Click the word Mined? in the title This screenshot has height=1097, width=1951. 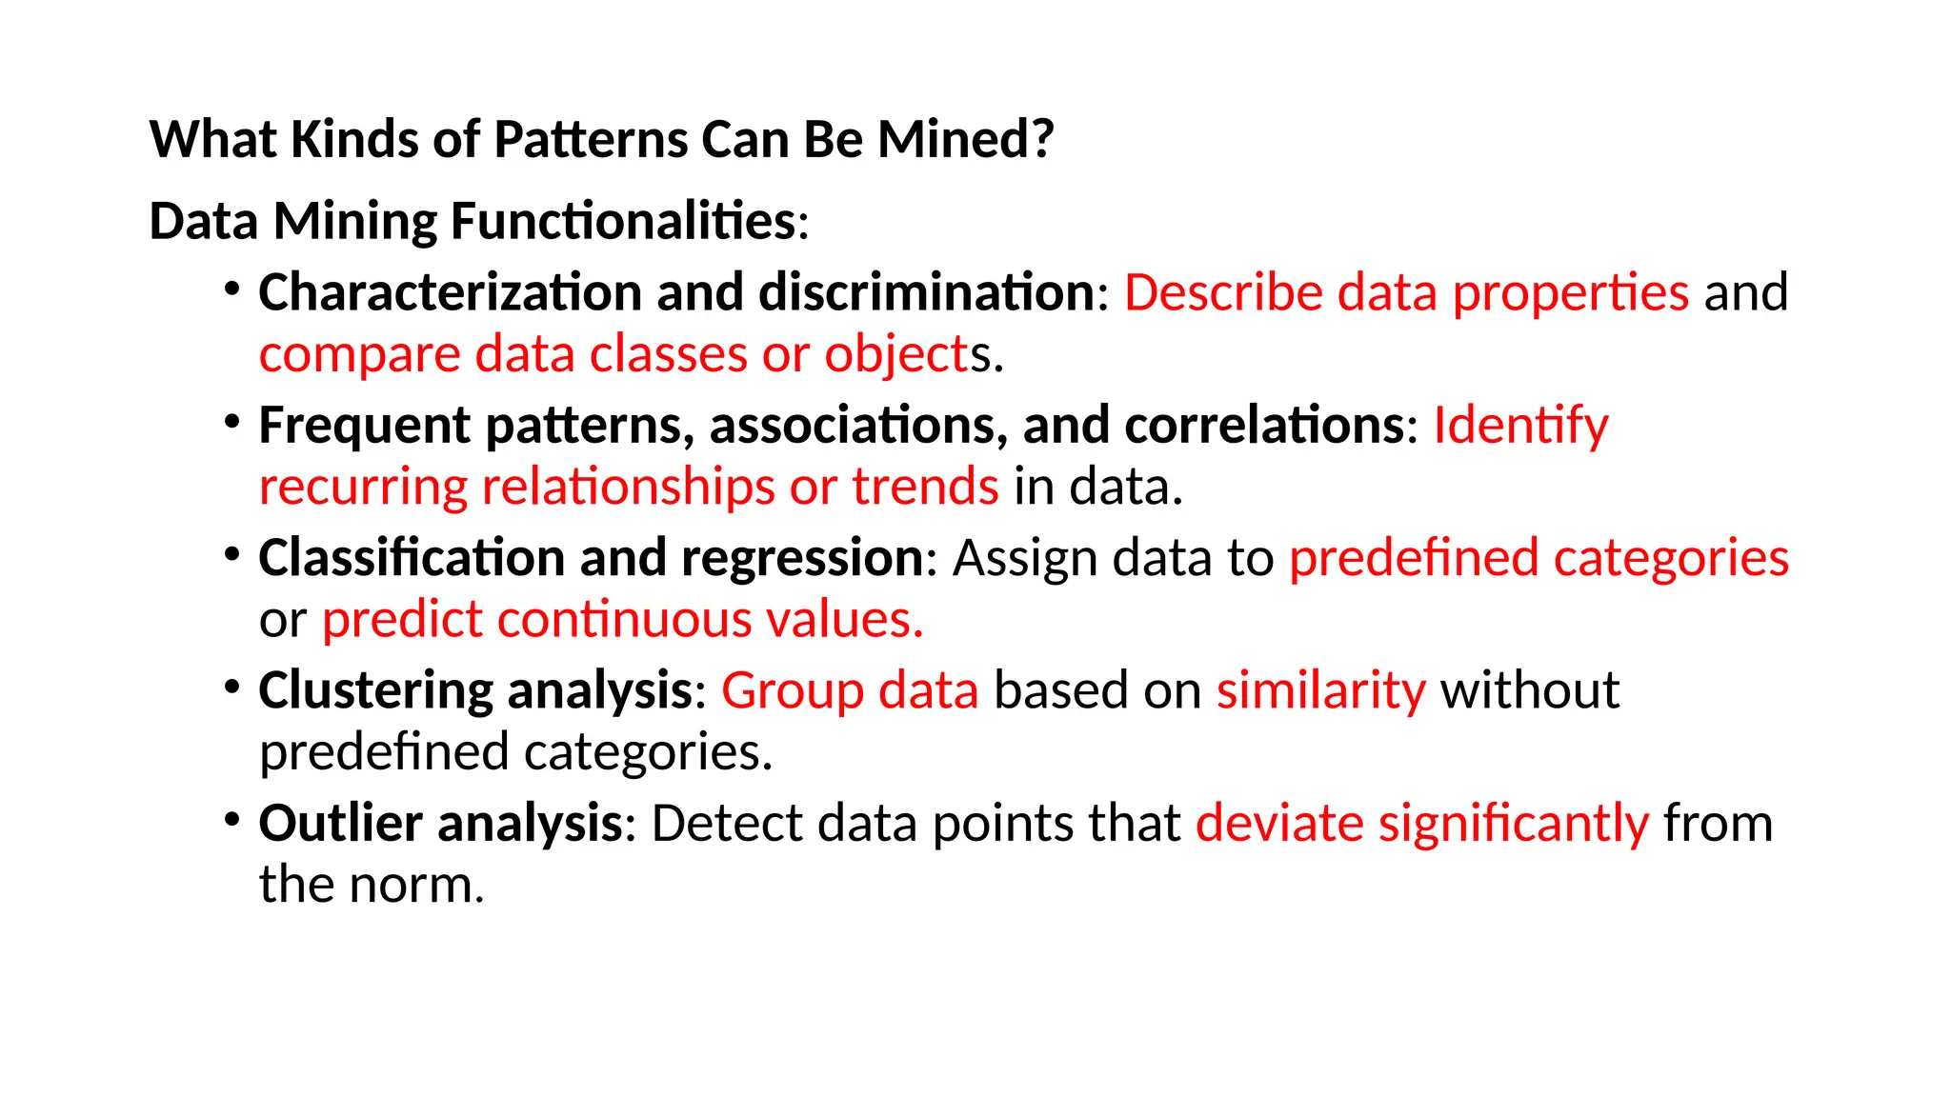(x=965, y=139)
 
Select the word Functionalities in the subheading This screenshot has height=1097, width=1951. (x=623, y=221)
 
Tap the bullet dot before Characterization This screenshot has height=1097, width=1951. (x=231, y=287)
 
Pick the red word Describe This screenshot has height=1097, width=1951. (x=1223, y=291)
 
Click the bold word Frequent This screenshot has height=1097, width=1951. (x=364, y=425)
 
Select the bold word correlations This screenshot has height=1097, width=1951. (x=1263, y=425)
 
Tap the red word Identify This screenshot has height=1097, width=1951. (x=1520, y=425)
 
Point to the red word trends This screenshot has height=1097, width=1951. (x=925, y=487)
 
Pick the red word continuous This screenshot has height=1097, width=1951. (x=624, y=620)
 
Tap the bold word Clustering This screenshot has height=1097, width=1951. (x=374, y=690)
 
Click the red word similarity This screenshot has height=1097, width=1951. (x=1320, y=690)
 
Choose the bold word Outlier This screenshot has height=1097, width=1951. (x=340, y=823)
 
